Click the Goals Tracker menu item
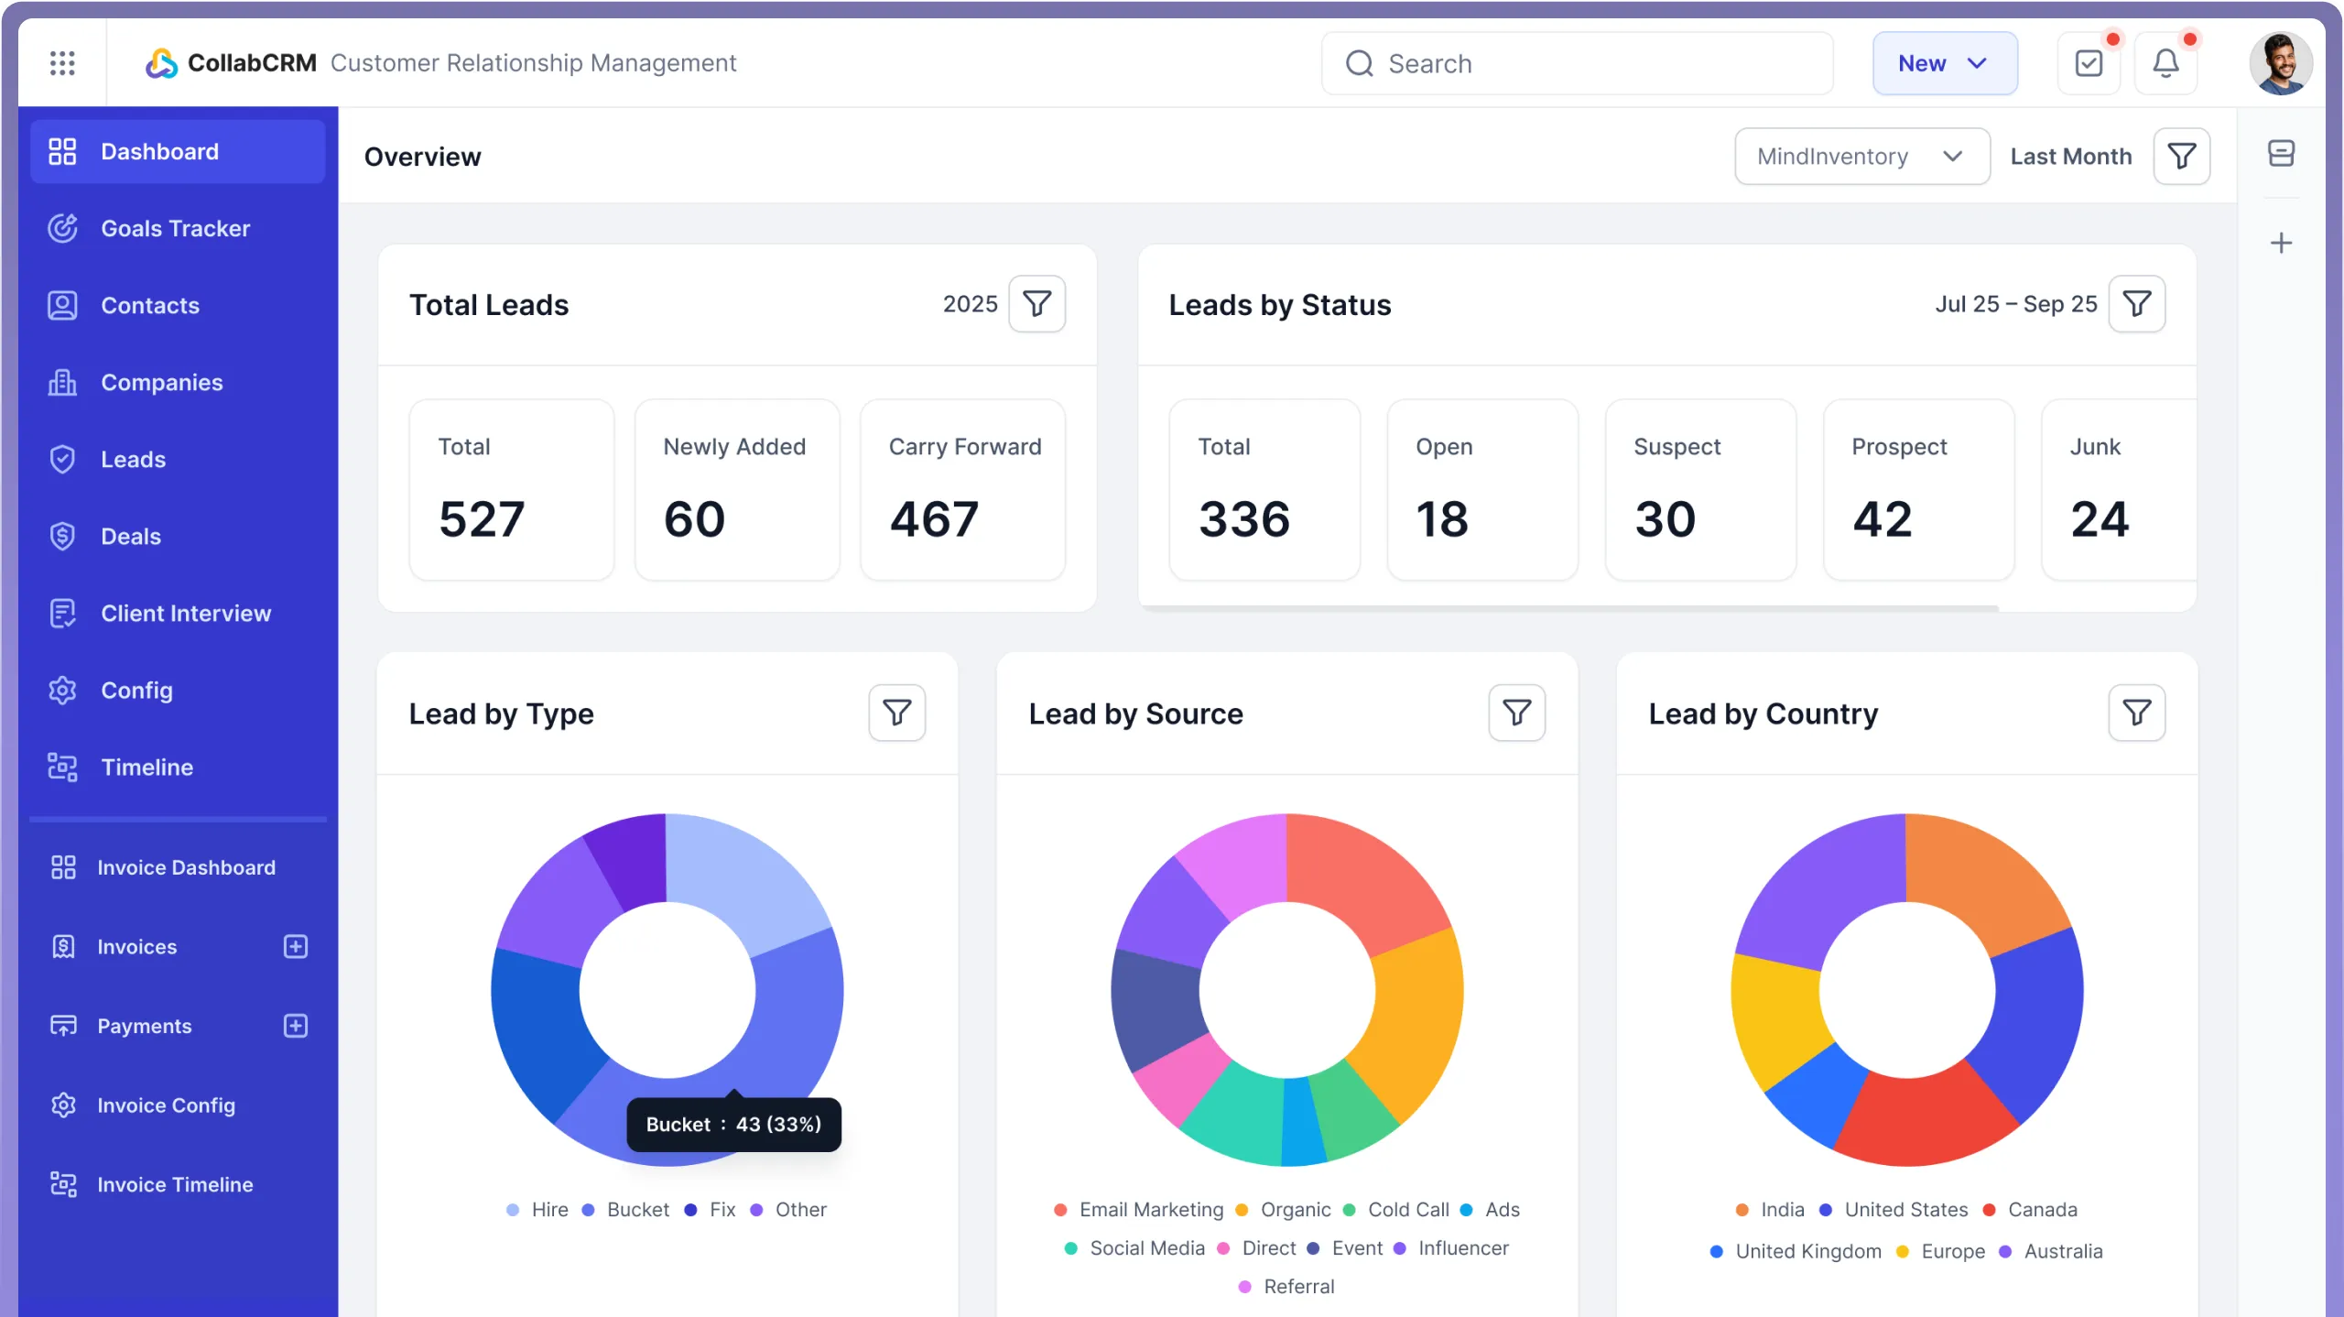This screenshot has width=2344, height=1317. [175, 228]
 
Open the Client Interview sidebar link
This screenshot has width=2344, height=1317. [185, 613]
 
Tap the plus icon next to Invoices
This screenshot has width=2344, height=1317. [296, 946]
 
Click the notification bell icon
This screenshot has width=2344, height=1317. [2165, 63]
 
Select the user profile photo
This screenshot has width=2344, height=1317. [2280, 63]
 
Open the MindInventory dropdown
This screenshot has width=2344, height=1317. [1861, 157]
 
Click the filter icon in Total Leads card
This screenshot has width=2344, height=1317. [1036, 304]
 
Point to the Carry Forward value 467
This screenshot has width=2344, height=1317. [934, 519]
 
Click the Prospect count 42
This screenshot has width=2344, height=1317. [1883, 519]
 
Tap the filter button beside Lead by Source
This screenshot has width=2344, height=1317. [1516, 713]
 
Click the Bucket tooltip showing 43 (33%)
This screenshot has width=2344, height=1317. [733, 1124]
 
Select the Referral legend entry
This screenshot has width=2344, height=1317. [1297, 1286]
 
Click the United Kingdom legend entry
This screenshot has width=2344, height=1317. [1807, 1251]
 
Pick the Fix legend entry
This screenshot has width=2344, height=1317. [722, 1209]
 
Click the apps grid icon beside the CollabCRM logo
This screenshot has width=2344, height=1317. [62, 63]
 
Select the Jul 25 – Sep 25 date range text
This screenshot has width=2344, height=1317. [2015, 304]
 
